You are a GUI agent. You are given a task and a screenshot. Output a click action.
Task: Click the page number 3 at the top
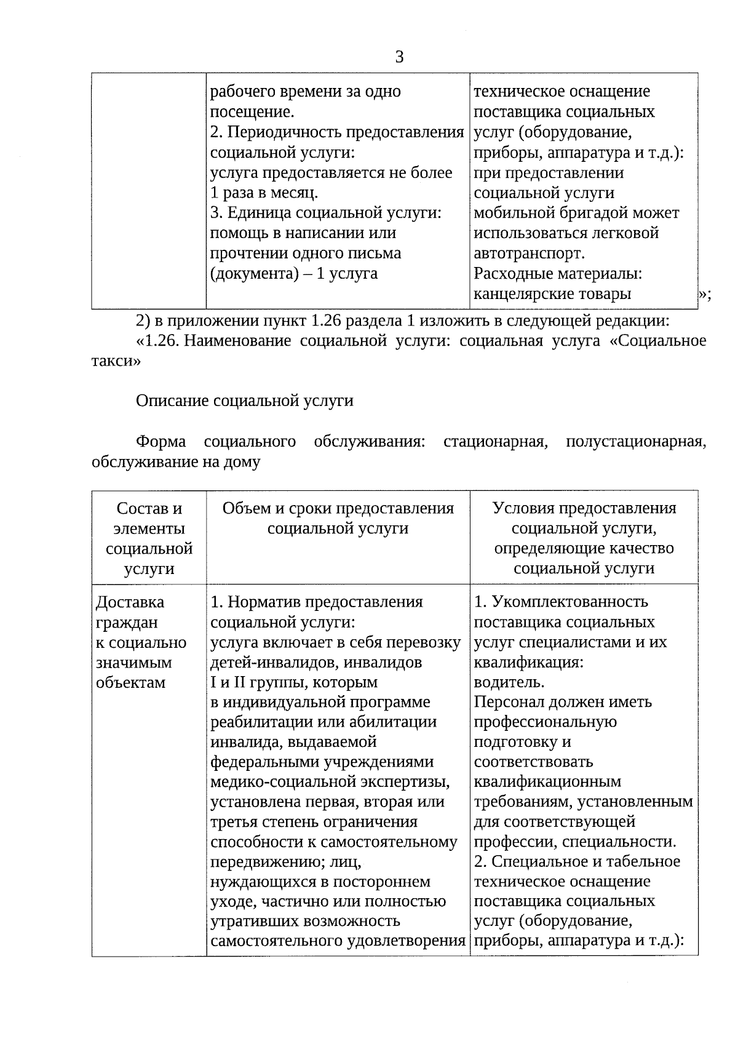399,57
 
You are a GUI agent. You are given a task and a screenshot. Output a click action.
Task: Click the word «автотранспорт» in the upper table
529,253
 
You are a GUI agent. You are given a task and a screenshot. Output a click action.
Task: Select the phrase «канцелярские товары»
552,294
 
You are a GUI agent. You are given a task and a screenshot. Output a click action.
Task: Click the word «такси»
116,361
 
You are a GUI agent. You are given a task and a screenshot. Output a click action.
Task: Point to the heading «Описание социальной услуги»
244,401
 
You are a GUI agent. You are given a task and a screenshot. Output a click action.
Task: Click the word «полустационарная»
635,442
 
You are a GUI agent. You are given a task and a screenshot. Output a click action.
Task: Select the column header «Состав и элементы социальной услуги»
149,538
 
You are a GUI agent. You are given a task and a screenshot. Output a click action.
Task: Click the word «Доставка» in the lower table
130,602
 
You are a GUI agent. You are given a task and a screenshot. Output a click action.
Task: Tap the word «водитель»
509,682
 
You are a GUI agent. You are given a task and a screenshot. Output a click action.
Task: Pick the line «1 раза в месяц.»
264,193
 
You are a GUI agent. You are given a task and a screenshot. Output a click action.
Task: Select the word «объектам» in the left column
130,682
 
